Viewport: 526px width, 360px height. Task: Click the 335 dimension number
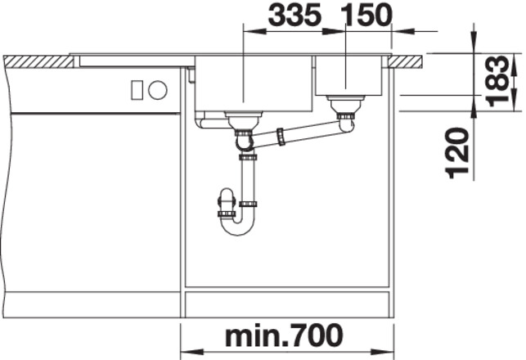[294, 15]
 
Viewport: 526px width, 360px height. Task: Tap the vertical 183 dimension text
[497, 81]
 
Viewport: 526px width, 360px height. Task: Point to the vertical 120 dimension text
[457, 153]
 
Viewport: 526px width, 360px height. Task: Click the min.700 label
[284, 335]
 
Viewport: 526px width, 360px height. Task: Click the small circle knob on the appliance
[158, 90]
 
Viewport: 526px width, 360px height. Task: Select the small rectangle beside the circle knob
[137, 90]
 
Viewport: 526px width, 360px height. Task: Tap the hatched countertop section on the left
[39, 62]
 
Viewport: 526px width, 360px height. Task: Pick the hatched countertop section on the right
[406, 62]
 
